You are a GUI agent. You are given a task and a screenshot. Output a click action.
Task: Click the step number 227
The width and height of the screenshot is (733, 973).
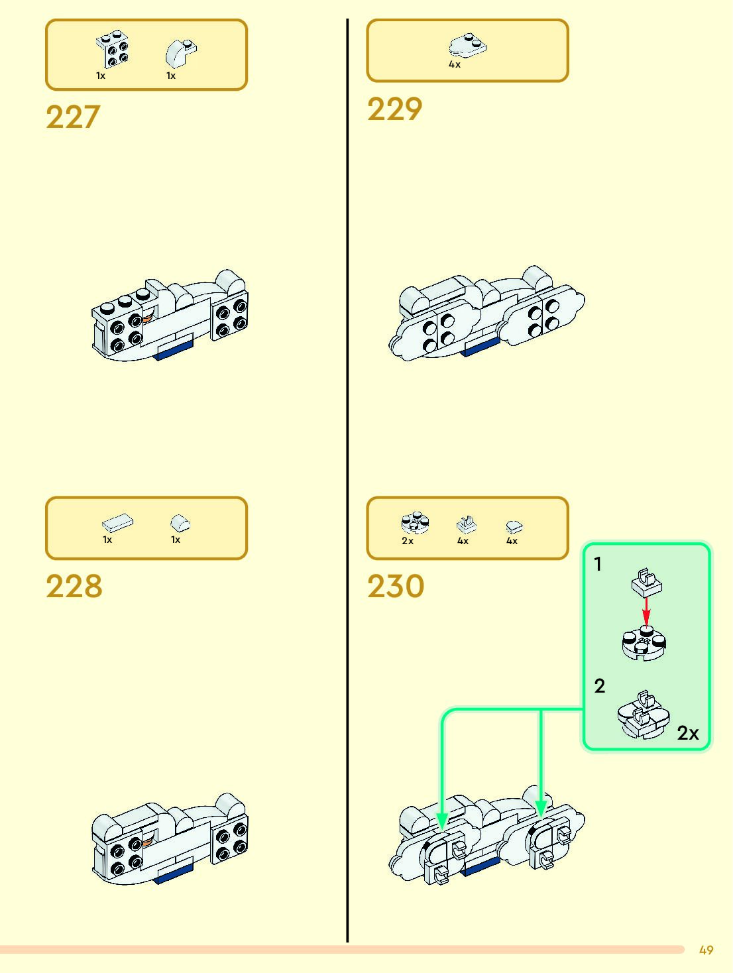click(73, 117)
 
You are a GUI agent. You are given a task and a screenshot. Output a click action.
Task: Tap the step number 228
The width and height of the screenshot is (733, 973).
click(74, 587)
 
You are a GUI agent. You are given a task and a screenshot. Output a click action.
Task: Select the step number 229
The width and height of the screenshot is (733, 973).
click(394, 109)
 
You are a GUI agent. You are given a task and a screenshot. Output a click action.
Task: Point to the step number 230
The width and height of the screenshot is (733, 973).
click(395, 587)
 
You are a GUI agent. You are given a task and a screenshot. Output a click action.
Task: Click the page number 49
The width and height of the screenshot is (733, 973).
click(706, 950)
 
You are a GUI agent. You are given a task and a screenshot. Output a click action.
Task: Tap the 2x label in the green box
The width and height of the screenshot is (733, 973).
click(688, 733)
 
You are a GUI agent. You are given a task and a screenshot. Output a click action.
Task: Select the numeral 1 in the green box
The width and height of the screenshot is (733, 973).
click(598, 564)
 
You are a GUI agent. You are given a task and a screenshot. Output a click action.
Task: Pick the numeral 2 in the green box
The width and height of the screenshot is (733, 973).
click(599, 686)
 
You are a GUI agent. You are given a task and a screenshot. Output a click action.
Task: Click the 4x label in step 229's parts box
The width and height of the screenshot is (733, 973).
click(455, 65)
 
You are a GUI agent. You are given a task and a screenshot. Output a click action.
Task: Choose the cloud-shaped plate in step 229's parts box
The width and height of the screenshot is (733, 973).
click(467, 45)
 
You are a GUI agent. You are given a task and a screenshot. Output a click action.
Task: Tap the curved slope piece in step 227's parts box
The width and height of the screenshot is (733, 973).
click(181, 52)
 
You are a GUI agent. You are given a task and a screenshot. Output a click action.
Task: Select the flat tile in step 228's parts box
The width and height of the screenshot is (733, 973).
click(117, 523)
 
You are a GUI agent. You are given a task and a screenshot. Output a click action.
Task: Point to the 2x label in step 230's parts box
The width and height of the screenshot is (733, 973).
click(408, 541)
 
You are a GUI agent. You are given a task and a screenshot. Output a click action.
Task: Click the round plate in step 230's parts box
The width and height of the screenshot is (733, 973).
click(416, 524)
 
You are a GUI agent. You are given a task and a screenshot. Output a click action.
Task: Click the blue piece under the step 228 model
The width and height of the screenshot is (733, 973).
click(174, 872)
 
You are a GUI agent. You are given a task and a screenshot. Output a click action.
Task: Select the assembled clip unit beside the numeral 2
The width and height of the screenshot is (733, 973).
click(643, 715)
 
